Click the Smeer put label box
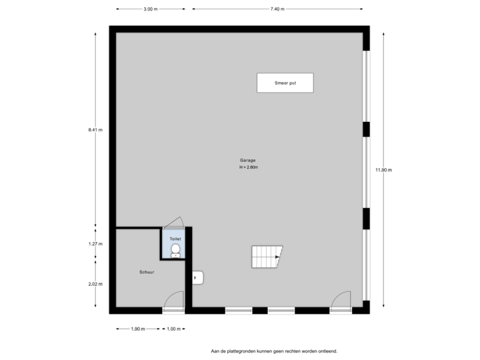(x=285, y=83)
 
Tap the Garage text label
(x=247, y=161)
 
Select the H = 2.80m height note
(x=248, y=167)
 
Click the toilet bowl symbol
(x=175, y=250)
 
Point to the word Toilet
(x=175, y=237)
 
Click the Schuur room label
(x=147, y=272)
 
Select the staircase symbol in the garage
(x=267, y=256)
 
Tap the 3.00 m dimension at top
(x=151, y=9)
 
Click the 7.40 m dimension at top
(x=277, y=9)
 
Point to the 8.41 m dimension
(x=95, y=130)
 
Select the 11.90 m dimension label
(x=383, y=170)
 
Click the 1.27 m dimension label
(x=95, y=244)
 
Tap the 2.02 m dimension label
(x=95, y=284)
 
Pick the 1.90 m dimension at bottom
(x=137, y=329)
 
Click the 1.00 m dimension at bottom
(x=173, y=329)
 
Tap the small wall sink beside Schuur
(x=197, y=277)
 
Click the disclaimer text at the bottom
(x=274, y=350)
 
